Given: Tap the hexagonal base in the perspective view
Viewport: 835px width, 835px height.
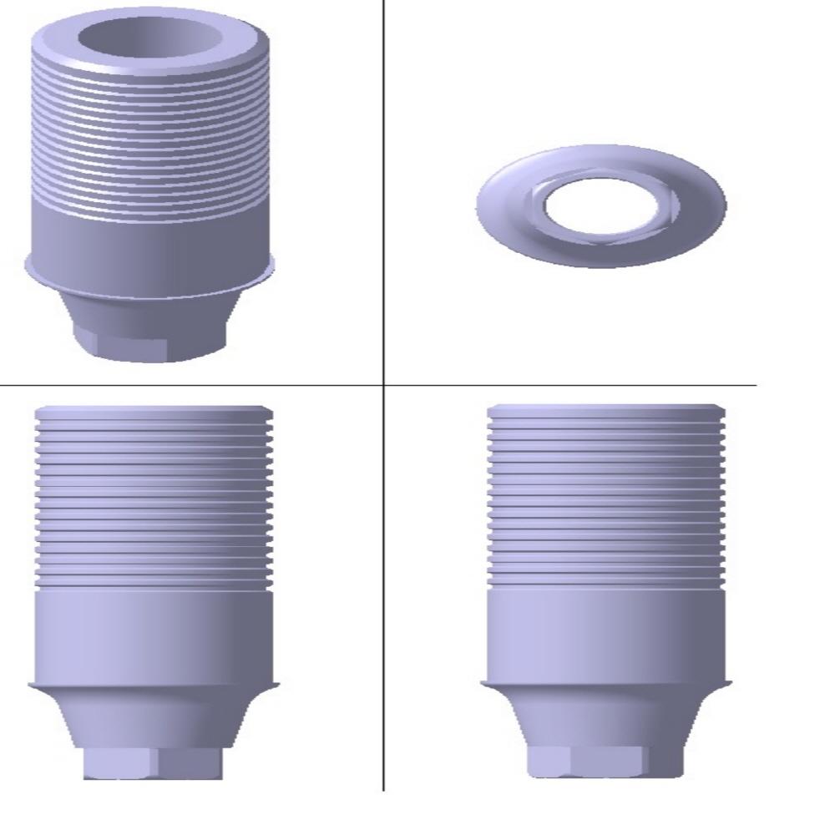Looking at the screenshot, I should pos(150,342).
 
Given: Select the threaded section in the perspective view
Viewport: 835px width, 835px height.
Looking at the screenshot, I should pos(150,142).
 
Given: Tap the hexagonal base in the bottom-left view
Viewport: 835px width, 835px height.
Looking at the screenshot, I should pos(154,762).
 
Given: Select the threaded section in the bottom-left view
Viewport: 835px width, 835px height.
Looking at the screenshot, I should pos(154,501).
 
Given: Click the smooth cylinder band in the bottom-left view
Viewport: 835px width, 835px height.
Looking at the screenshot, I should pos(154,635).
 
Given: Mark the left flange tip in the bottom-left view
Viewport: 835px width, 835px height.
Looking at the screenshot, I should pos(32,686).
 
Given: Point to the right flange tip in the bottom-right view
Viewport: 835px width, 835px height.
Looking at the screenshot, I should pos(730,684).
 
